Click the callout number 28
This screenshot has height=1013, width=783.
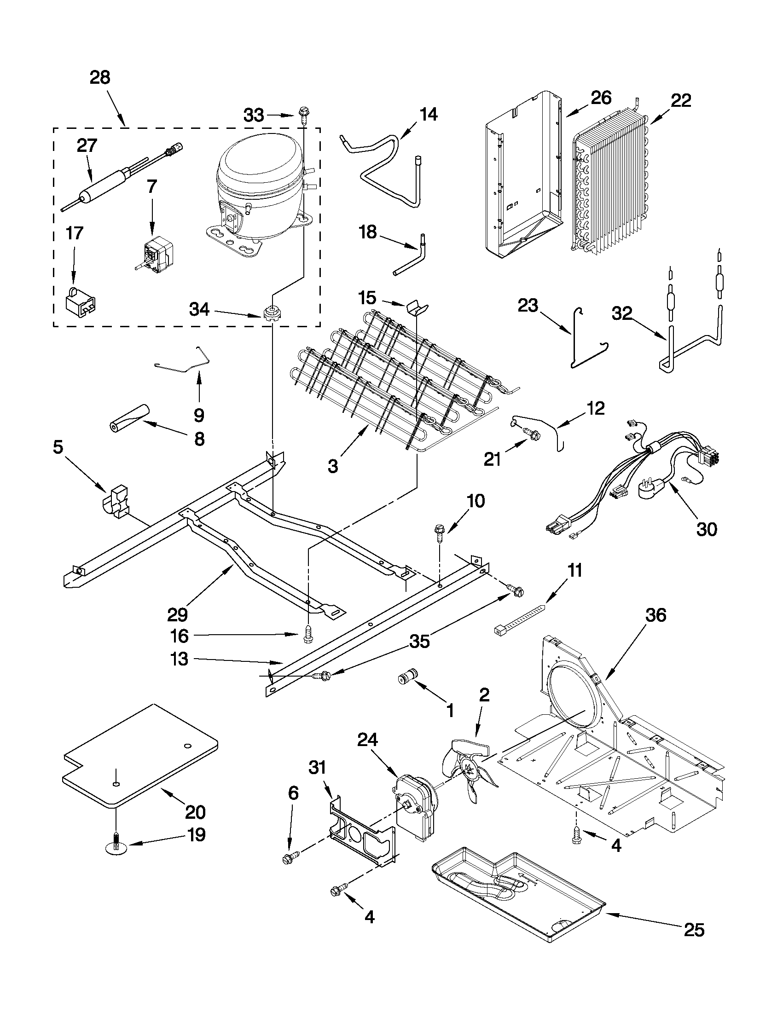(x=100, y=77)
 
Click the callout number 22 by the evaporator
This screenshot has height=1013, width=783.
(x=680, y=100)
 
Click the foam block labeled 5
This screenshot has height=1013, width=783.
(x=115, y=501)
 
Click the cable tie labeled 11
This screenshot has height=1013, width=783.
(x=519, y=617)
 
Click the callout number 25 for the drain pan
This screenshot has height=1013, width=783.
(x=694, y=930)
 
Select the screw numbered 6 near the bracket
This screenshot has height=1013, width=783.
(x=289, y=858)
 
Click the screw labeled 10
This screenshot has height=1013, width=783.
(x=439, y=531)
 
